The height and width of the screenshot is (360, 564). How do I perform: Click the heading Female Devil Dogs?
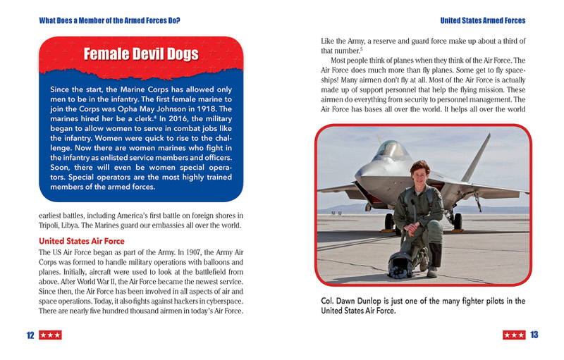coord(141,54)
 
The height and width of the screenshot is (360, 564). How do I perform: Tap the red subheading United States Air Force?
coord(81,241)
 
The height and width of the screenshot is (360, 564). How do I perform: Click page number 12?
coord(30,335)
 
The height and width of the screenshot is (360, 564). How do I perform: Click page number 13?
coord(534,335)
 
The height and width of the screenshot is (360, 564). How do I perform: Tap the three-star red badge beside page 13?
coord(513,335)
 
